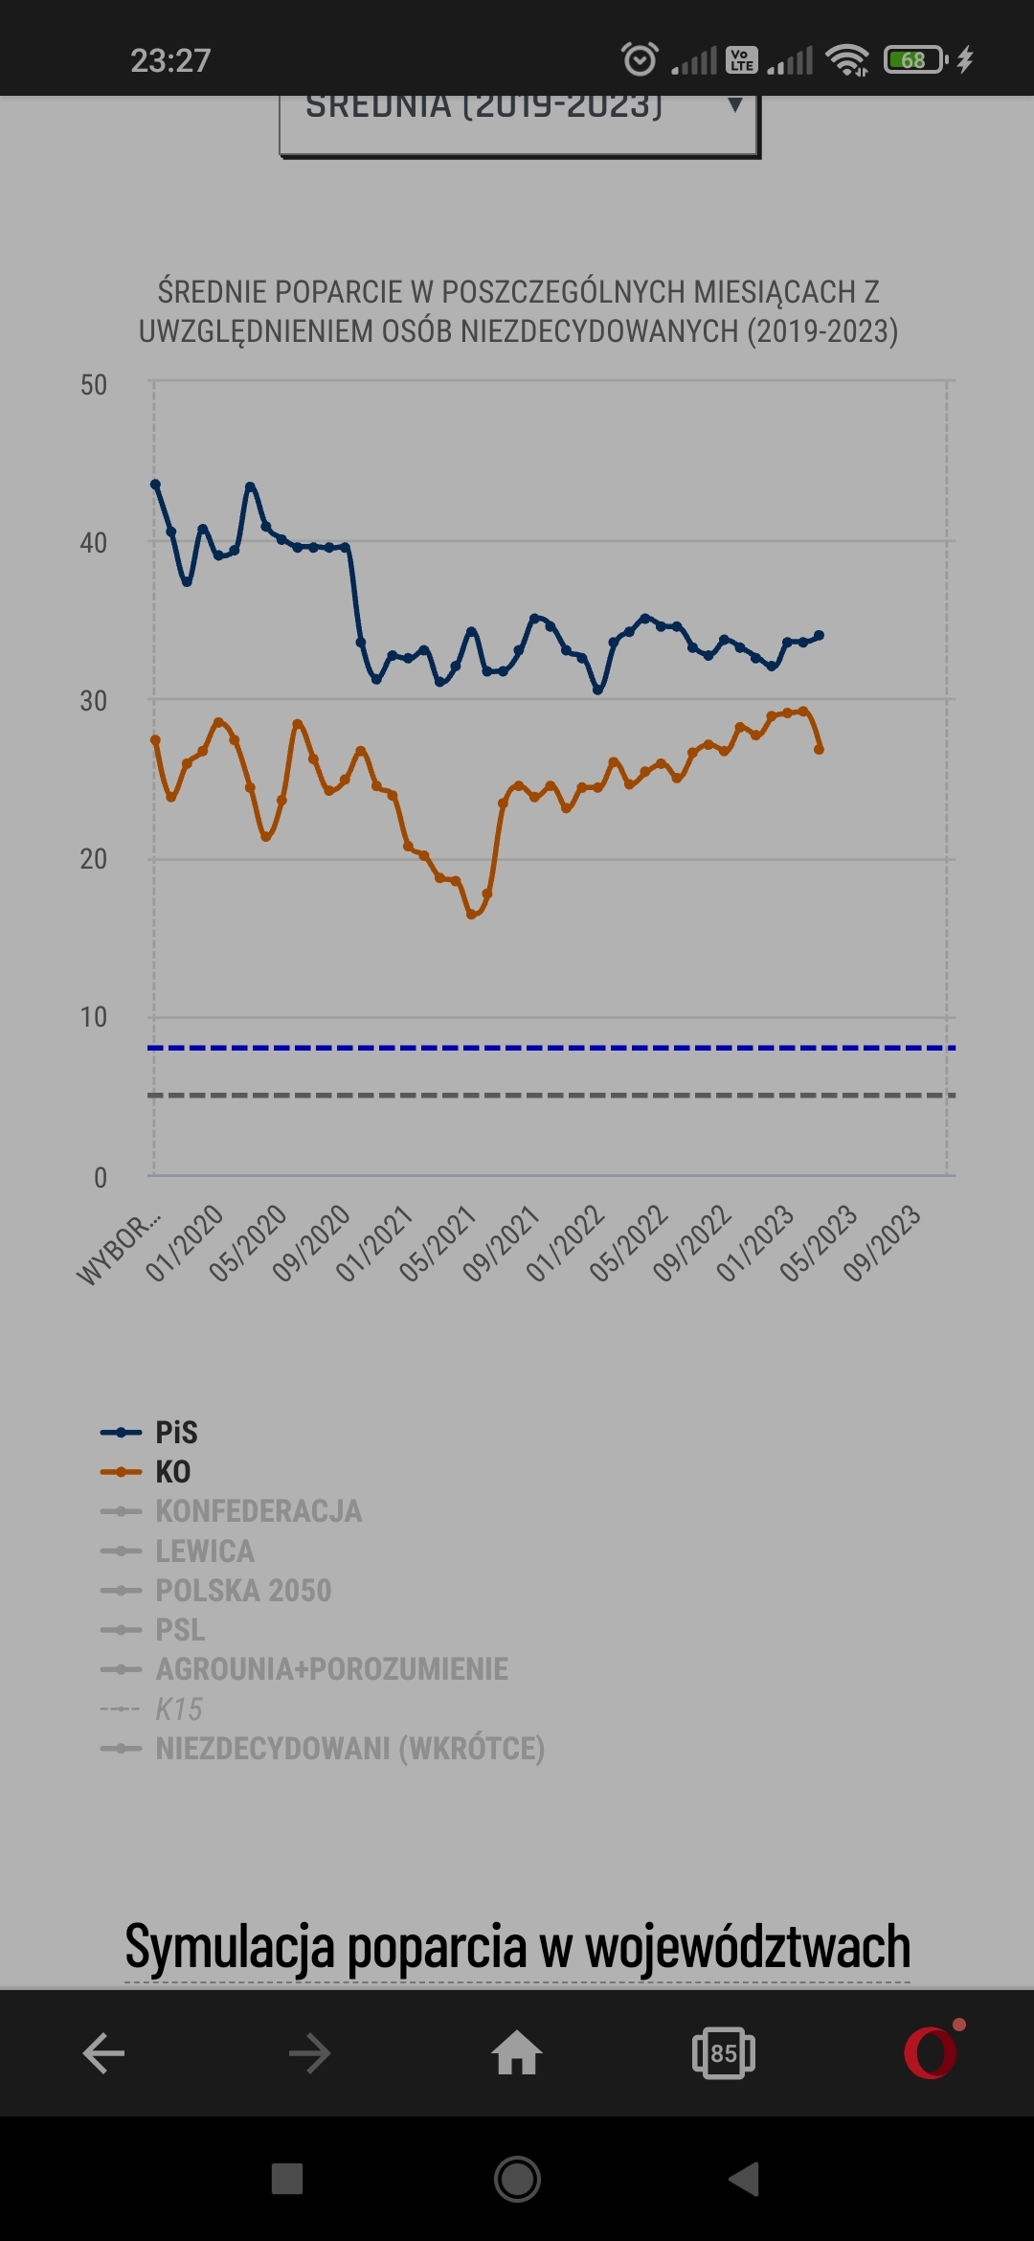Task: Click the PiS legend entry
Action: coord(176,1433)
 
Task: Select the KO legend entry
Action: coord(172,1472)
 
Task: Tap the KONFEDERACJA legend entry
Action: coord(258,1511)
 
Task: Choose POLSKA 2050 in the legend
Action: coord(243,1591)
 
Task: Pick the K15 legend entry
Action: coord(179,1709)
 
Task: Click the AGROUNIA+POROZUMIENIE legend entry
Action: coord(331,1669)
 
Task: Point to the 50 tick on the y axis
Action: coord(94,385)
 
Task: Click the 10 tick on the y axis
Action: coord(94,1017)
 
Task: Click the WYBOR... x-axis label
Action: coord(119,1250)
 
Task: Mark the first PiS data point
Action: coord(155,485)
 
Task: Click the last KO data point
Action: coord(819,749)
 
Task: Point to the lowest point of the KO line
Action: coord(471,915)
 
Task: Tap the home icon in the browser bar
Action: coord(517,2053)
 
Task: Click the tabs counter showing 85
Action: coord(724,2053)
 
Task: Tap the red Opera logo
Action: coord(931,2053)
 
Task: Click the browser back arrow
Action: coord(103,2053)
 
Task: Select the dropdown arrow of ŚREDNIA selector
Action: coord(734,105)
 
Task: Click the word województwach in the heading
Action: coord(747,1948)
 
